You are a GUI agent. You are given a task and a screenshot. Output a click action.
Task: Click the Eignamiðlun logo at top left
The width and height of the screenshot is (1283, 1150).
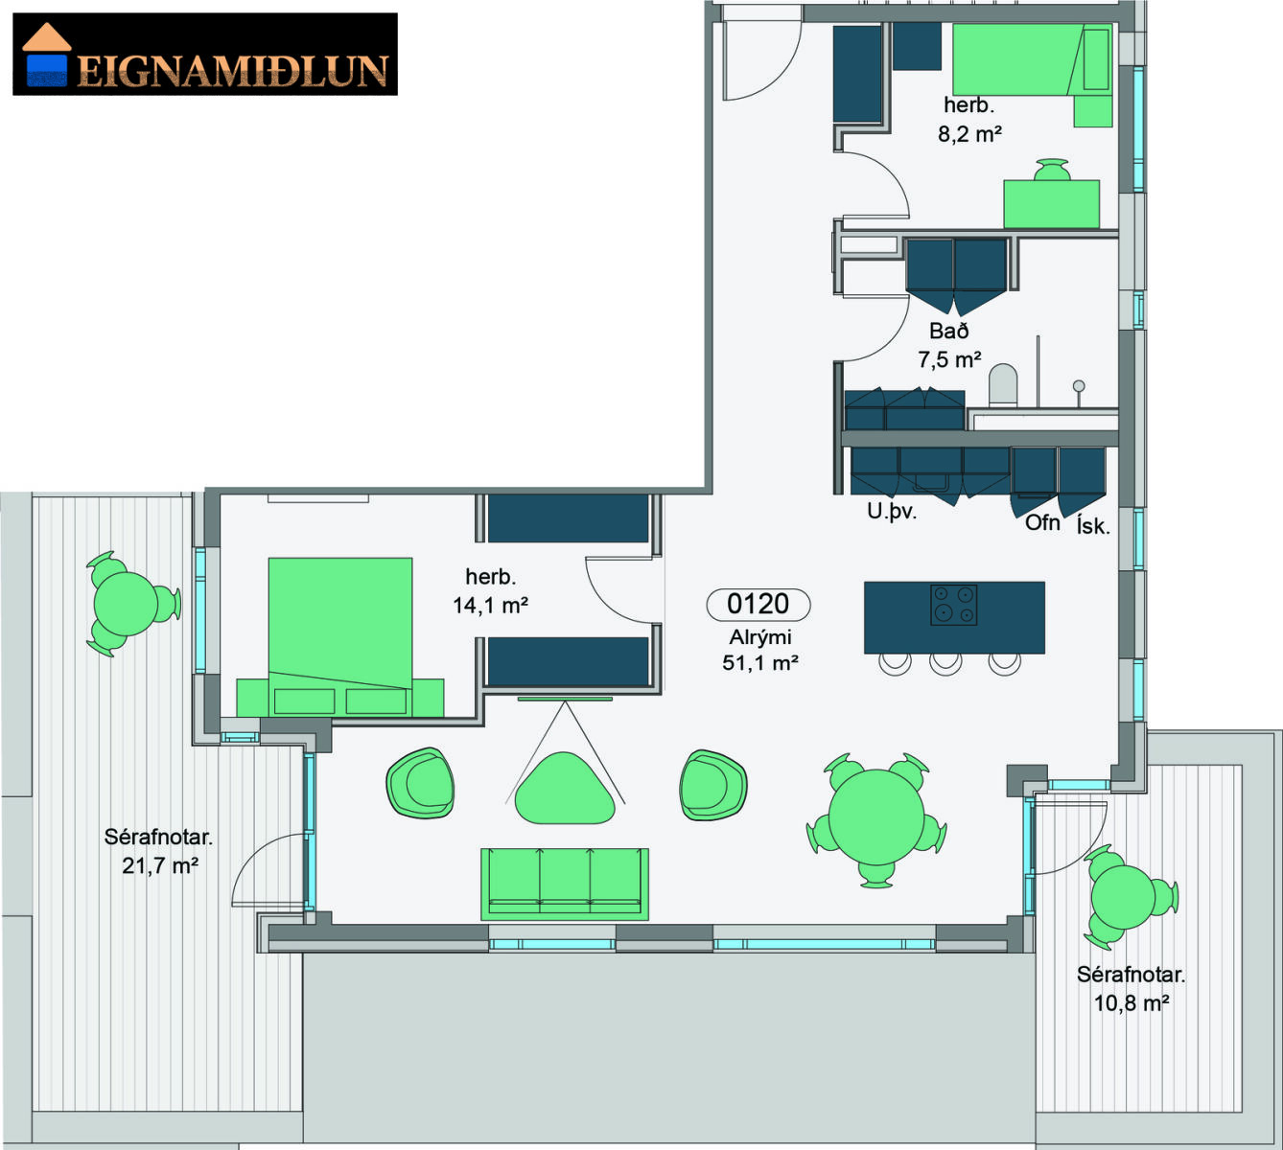205,54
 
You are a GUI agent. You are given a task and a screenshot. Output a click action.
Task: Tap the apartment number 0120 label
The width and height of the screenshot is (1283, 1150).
758,605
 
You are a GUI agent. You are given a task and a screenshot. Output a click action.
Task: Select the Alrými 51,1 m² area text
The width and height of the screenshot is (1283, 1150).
759,650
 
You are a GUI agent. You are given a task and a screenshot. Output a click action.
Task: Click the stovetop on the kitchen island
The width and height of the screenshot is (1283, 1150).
953,605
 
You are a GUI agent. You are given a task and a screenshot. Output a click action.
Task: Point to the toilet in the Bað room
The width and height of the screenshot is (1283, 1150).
1003,384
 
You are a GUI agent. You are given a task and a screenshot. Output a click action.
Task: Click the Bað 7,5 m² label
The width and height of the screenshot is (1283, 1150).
949,346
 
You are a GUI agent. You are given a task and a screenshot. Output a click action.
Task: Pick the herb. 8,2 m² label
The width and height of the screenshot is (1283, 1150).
968,120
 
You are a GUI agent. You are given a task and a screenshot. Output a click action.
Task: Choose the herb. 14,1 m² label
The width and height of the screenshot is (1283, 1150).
491,591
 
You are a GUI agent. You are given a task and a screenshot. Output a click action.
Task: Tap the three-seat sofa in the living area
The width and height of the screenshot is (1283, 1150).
565,884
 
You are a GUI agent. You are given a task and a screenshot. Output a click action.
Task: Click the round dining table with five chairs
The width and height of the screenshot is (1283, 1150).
876,817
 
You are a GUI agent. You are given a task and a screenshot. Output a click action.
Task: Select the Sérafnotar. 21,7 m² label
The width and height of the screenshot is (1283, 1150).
159,851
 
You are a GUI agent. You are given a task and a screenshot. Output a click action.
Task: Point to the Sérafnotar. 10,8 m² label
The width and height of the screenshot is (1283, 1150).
1131,988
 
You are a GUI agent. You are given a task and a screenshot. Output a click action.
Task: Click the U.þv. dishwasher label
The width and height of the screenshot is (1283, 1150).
892,512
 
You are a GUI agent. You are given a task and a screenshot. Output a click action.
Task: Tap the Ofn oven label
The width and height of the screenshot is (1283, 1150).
1042,523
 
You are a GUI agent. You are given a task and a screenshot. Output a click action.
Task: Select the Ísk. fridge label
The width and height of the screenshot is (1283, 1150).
1093,525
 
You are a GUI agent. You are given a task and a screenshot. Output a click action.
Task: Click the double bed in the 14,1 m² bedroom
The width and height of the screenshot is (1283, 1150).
340,636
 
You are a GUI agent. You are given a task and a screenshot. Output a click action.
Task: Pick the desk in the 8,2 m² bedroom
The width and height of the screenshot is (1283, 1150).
1051,204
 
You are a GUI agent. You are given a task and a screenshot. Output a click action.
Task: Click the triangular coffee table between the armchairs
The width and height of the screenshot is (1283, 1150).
564,788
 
